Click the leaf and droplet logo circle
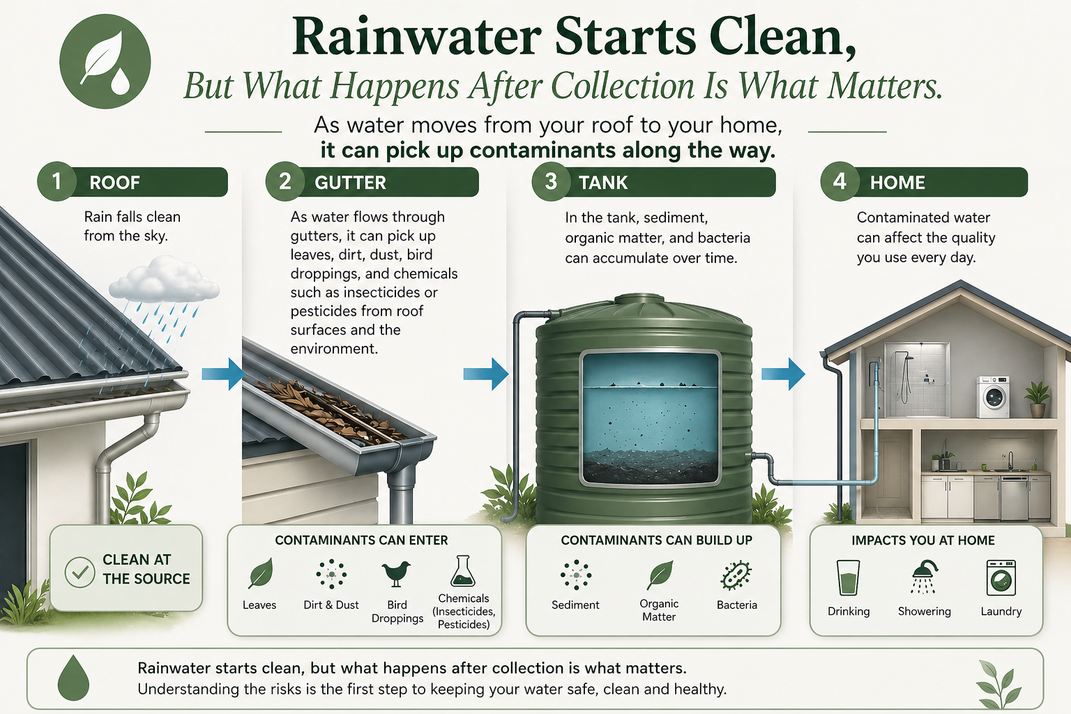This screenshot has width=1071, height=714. (x=105, y=61)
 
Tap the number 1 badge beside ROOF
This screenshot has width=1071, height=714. (x=56, y=181)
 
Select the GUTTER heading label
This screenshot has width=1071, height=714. (x=350, y=183)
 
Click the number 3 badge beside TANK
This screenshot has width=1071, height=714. (x=551, y=181)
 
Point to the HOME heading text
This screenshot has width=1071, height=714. (x=897, y=183)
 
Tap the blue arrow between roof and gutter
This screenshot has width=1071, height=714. (x=222, y=374)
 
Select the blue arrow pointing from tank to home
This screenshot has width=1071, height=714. (x=782, y=374)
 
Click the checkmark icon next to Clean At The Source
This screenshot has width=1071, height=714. (x=80, y=572)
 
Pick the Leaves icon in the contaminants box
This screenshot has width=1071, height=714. (x=260, y=574)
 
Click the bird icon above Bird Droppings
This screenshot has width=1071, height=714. (x=397, y=573)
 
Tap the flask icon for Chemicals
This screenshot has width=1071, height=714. (x=462, y=571)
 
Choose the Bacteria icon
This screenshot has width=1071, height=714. (x=736, y=575)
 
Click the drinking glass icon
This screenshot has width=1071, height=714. (x=848, y=577)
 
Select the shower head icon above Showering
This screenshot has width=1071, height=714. (x=924, y=577)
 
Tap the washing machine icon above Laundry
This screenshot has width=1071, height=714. (x=1001, y=577)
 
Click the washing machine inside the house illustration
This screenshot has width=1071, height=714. (x=993, y=397)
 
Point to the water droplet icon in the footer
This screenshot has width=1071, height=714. (x=73, y=678)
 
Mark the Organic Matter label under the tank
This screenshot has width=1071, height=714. (x=659, y=610)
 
